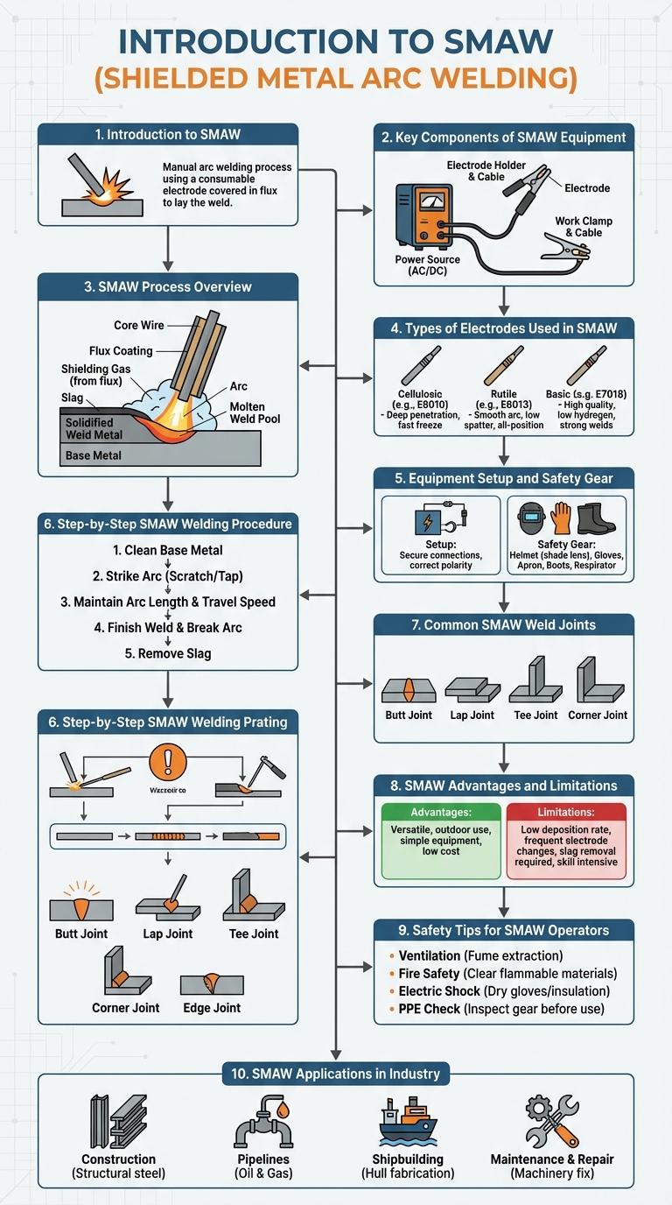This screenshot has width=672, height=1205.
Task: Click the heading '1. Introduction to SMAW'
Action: tap(167, 135)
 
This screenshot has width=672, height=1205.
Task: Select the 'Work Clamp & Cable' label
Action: tap(583, 227)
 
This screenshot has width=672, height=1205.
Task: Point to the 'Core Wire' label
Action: tap(139, 326)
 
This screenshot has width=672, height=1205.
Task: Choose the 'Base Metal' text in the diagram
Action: tap(94, 455)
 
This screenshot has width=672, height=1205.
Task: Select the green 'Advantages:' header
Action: tap(441, 812)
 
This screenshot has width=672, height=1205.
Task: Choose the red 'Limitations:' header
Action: tap(566, 812)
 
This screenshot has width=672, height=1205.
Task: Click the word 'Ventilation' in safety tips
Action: tap(429, 955)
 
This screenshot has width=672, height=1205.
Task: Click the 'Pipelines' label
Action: tap(264, 1159)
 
